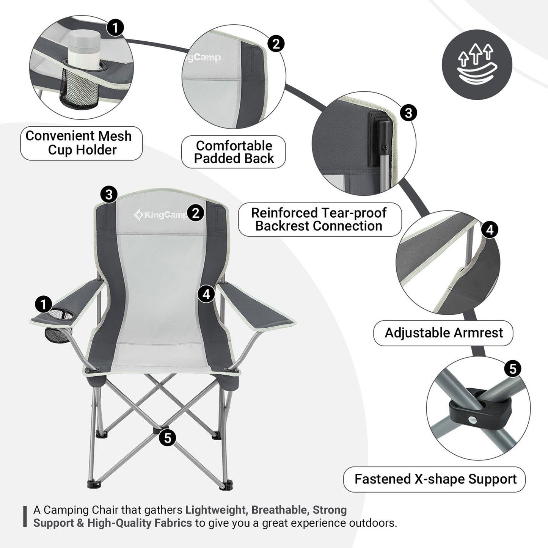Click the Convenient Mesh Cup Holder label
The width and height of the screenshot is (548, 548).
pyautogui.click(x=81, y=143)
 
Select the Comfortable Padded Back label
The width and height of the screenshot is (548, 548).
pyautogui.click(x=234, y=152)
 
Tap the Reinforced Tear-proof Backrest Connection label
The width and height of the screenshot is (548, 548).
pyautogui.click(x=319, y=219)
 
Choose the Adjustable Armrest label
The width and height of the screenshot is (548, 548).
pyautogui.click(x=443, y=333)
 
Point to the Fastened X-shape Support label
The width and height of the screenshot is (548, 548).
pyautogui.click(x=435, y=479)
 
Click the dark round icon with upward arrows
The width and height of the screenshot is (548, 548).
pyautogui.click(x=477, y=65)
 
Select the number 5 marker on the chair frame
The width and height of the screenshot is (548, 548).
pyautogui.click(x=167, y=438)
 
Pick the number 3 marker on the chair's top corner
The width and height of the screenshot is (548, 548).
pyautogui.click(x=109, y=195)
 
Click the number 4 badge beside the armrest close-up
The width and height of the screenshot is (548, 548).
pyautogui.click(x=490, y=230)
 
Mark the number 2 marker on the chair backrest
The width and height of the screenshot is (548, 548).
pyautogui.click(x=196, y=213)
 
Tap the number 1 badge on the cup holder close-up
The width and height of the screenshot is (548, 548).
pyautogui.click(x=115, y=28)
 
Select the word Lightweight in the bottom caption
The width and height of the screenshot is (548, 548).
pyautogui.click(x=215, y=510)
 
